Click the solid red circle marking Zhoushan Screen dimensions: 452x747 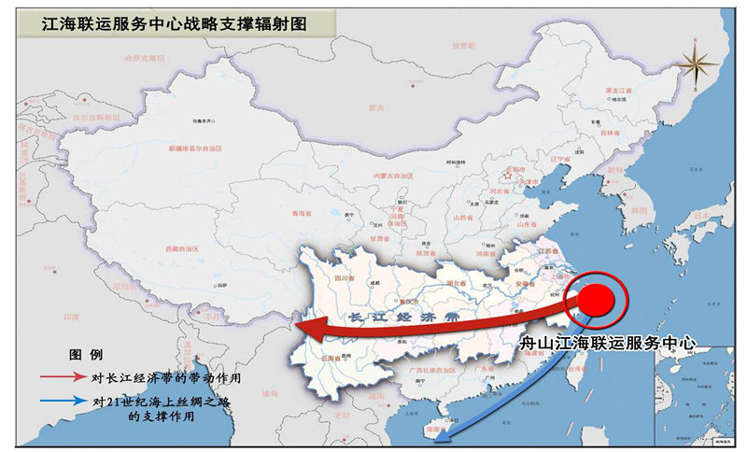pos(598,301)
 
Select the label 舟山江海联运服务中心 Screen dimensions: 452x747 pos(608,343)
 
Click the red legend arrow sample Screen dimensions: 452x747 pos(61,378)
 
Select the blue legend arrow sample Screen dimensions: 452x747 pos(61,403)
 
